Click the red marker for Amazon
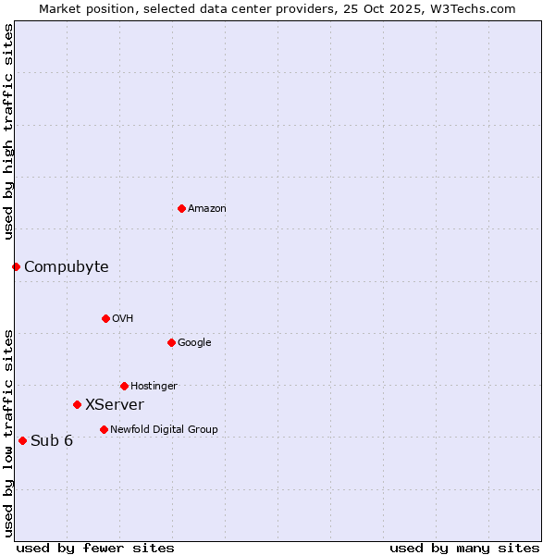(181, 208)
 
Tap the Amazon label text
(207, 209)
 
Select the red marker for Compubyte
(16, 266)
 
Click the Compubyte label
(67, 267)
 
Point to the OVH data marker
(105, 318)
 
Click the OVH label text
(123, 319)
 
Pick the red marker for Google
(171, 342)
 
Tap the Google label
(194, 343)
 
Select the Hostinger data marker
(124, 386)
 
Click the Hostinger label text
(154, 387)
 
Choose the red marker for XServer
(77, 404)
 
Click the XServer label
(115, 405)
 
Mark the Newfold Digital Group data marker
(104, 429)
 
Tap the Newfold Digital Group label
(164, 430)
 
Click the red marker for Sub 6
(22, 440)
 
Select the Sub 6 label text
(52, 441)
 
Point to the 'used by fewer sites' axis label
(95, 548)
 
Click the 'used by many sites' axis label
(464, 548)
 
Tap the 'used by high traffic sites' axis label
(8, 131)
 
